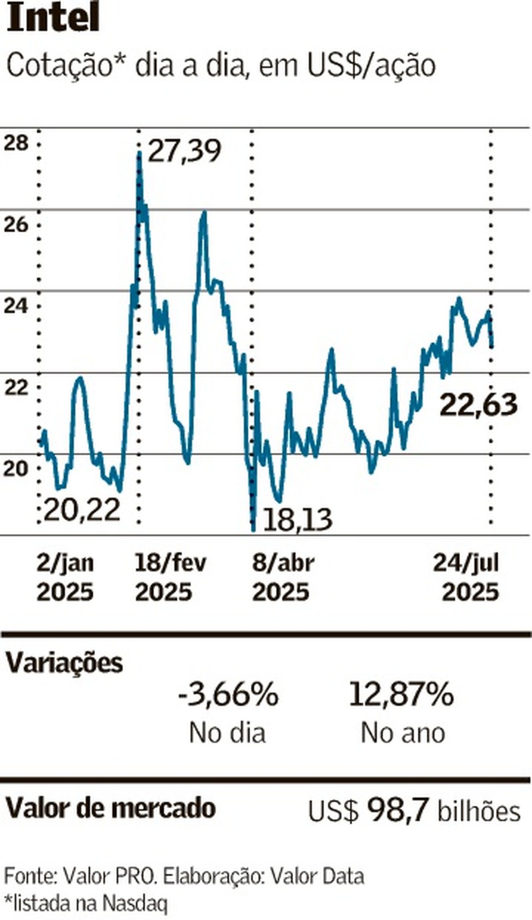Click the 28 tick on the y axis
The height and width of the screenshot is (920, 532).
click(16, 143)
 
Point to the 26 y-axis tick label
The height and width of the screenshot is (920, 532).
click(16, 224)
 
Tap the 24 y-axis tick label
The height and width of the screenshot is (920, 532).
click(16, 306)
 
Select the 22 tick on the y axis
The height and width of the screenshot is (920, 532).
click(16, 387)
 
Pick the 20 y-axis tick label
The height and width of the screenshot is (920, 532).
click(16, 468)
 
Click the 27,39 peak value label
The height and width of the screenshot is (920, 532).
click(184, 151)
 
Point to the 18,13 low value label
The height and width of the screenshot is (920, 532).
click(297, 520)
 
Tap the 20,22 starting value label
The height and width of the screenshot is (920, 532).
click(82, 509)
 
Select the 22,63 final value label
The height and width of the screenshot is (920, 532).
click(478, 405)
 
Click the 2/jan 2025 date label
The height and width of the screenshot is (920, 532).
click(65, 577)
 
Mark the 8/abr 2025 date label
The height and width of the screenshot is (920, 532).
click(283, 577)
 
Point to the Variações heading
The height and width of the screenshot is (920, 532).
click(64, 662)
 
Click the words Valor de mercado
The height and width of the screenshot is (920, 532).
click(110, 808)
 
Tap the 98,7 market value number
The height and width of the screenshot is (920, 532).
click(398, 810)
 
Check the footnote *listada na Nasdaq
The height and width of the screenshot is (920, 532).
click(86, 903)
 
